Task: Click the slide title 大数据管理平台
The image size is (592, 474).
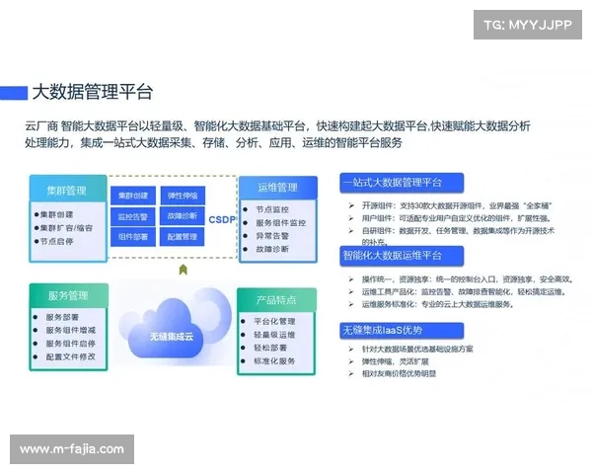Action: click(93, 92)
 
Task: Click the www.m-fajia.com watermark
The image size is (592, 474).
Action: click(71, 449)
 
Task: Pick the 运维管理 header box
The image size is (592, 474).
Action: click(278, 187)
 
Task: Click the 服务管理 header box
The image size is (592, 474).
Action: click(68, 295)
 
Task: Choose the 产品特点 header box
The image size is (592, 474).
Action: click(275, 299)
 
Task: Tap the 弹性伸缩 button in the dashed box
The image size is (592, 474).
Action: click(183, 195)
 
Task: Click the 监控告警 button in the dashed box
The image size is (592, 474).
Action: click(133, 215)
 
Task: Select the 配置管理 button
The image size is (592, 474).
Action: click(183, 237)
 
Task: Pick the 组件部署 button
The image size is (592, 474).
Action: click(133, 237)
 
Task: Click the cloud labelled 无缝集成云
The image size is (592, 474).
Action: click(173, 322)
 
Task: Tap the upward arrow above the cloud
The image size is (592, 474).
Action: click(182, 269)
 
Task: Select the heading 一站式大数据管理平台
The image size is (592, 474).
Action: click(392, 183)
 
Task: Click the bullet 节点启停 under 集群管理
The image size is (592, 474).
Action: click(60, 241)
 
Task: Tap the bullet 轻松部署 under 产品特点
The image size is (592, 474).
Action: click(273, 348)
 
